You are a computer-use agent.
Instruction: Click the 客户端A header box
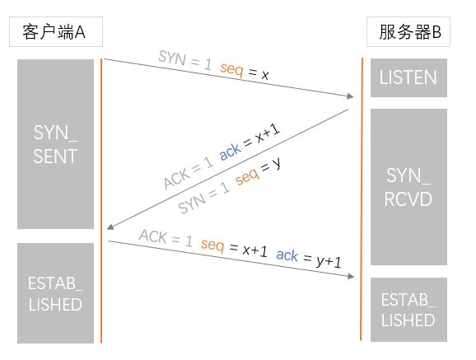pyautogui.click(x=56, y=31)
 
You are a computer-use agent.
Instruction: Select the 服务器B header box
pyautogui.click(x=408, y=31)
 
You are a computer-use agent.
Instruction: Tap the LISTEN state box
pyautogui.click(x=408, y=77)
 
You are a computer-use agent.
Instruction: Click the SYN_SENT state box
pyautogui.click(x=55, y=144)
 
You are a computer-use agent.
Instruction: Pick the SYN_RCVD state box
pyautogui.click(x=408, y=187)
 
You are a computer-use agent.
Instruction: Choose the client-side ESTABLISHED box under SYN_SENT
pyautogui.click(x=55, y=293)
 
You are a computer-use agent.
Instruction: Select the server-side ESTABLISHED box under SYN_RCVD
pyautogui.click(x=408, y=310)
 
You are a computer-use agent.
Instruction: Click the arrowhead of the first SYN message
pyautogui.click(x=351, y=96)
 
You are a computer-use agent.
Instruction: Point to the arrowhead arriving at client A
pyautogui.click(x=110, y=227)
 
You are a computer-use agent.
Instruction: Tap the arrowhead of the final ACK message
pyautogui.click(x=351, y=276)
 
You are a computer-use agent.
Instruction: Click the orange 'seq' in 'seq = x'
pyautogui.click(x=231, y=69)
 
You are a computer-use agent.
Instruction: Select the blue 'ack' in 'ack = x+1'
pyautogui.click(x=230, y=152)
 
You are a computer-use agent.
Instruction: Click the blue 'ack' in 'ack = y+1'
pyautogui.click(x=287, y=255)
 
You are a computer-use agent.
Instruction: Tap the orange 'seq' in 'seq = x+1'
pyautogui.click(x=212, y=245)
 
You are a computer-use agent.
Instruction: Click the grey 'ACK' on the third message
pyautogui.click(x=153, y=236)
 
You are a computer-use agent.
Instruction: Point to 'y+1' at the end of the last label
pyautogui.click(x=329, y=262)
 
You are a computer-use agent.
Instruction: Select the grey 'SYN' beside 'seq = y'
pyautogui.click(x=192, y=203)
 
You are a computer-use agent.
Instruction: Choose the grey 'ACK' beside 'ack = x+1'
pyautogui.click(x=177, y=179)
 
